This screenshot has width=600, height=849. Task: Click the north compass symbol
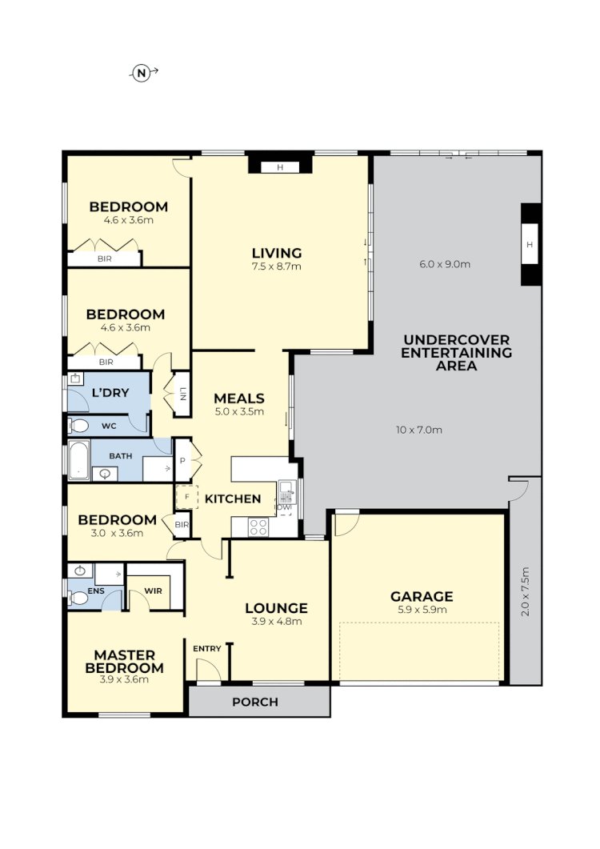[142, 74]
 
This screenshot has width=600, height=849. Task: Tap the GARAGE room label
[422, 596]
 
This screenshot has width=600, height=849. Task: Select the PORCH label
[255, 703]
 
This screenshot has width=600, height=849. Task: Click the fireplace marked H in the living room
[280, 167]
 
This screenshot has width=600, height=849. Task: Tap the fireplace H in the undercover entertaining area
[530, 244]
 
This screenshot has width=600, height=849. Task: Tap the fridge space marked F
[186, 497]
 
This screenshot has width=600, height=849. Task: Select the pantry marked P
[183, 462]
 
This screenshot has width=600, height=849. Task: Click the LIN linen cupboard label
[182, 393]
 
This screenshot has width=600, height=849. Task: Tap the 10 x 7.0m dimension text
[419, 430]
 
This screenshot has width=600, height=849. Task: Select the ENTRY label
[207, 648]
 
